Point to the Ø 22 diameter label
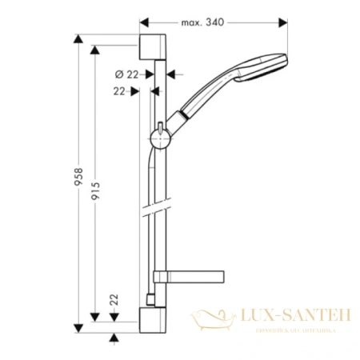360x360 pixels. pyautogui.click(x=123, y=74)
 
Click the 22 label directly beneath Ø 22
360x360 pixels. pyautogui.click(x=119, y=92)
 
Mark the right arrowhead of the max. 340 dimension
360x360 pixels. pyautogui.click(x=287, y=22)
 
